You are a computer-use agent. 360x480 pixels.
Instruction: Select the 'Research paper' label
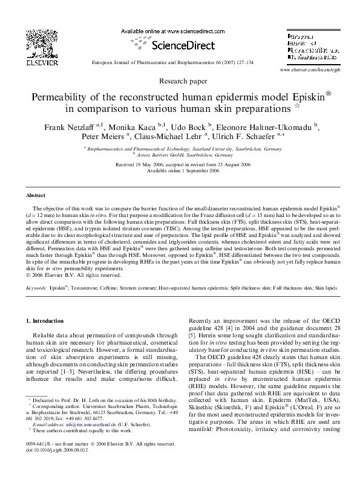click(x=180, y=80)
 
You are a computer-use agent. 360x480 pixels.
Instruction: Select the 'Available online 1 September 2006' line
click(x=180, y=170)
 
